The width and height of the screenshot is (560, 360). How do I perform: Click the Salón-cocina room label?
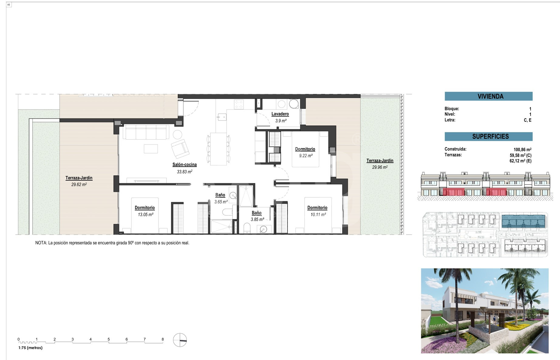(x=184, y=165)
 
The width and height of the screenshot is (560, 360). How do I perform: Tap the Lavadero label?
(x=280, y=114)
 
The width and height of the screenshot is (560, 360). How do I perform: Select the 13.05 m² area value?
(x=145, y=214)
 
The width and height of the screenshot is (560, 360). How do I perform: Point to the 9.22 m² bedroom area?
(x=306, y=155)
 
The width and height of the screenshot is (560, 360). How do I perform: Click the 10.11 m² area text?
(x=318, y=214)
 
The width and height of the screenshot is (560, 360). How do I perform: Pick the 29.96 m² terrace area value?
(x=380, y=167)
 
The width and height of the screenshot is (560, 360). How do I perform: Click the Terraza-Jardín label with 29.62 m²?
(x=79, y=178)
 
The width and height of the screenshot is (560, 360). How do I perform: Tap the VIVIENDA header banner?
(x=488, y=96)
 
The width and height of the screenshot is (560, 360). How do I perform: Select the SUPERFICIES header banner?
(x=488, y=136)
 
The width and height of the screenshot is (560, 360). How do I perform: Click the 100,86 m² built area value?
(x=522, y=149)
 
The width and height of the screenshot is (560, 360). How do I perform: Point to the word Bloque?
(x=452, y=109)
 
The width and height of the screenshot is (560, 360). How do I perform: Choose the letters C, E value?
(x=528, y=120)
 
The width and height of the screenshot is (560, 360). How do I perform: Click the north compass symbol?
(x=180, y=340)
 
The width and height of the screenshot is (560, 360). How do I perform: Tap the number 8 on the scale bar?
(x=163, y=339)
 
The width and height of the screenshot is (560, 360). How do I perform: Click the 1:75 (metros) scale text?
(x=30, y=348)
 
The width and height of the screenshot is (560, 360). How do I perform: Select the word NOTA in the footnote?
(x=41, y=243)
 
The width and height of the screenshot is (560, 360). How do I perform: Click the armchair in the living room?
(x=180, y=149)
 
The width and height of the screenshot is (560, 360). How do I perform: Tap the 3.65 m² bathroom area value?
(x=221, y=202)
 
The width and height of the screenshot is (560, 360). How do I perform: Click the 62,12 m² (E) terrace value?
(x=521, y=161)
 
